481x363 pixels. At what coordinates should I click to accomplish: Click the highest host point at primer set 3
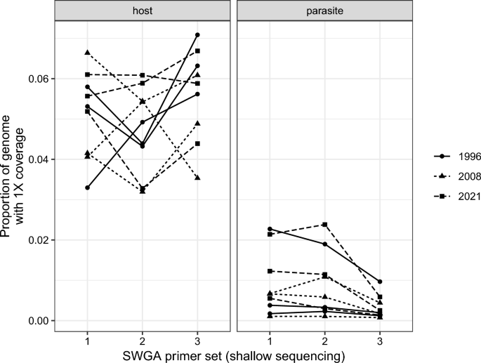click(x=198, y=35)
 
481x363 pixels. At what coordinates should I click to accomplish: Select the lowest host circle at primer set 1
click(x=87, y=187)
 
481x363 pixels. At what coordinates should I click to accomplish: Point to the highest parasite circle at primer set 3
click(x=380, y=282)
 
